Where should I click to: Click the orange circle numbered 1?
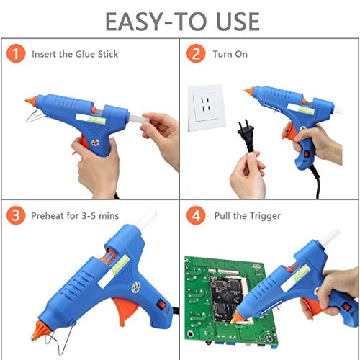tap(16, 53)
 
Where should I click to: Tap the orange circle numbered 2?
tap(196, 53)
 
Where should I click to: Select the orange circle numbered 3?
tap(16, 215)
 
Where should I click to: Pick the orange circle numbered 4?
tap(196, 215)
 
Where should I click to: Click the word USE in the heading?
tap(238, 22)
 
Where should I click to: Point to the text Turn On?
tap(230, 54)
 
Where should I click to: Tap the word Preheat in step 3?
tap(48, 216)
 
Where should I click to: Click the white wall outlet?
tap(207, 108)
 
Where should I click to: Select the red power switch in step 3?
tap(161, 305)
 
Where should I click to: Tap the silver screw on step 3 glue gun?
tap(136, 287)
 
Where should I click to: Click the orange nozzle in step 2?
tap(249, 91)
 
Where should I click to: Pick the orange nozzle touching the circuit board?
tap(237, 317)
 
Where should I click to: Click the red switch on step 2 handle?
tap(307, 154)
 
